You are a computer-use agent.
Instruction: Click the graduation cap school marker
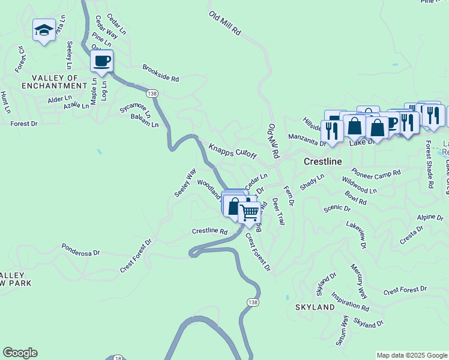click(44, 31)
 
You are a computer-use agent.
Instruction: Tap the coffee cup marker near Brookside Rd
click(101, 61)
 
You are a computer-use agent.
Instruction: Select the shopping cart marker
click(249, 212)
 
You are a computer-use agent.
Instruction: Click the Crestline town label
click(322, 161)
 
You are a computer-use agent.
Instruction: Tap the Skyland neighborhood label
click(315, 307)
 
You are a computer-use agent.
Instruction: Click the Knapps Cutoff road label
click(232, 151)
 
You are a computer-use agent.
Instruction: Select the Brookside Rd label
click(161, 74)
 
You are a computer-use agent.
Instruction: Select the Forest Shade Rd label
click(429, 165)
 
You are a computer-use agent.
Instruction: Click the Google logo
click(20, 353)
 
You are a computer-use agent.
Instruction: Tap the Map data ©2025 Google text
click(411, 355)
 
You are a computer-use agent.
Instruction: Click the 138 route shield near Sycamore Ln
click(152, 93)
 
